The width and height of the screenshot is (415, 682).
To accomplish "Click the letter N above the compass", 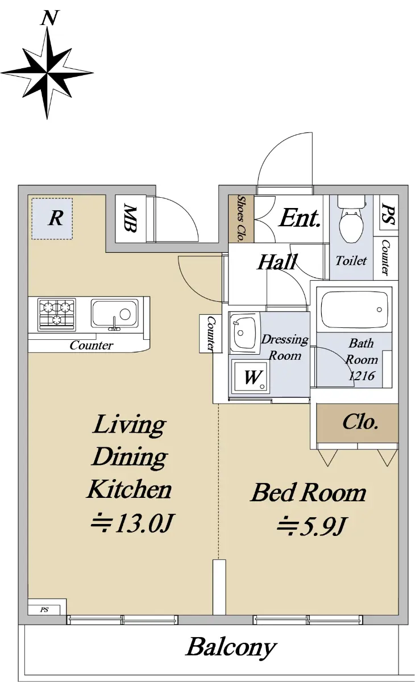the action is point(49,18).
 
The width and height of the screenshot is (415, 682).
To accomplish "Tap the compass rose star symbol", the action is point(47,73).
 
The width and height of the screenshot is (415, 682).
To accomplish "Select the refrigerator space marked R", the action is point(52,219).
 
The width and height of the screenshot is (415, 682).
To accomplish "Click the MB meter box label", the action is point(130,218).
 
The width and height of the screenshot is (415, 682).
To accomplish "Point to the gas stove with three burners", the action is point(57,314).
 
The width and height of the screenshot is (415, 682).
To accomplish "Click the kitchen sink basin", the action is point(114,314).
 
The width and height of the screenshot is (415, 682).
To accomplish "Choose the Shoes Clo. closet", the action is point(241,219).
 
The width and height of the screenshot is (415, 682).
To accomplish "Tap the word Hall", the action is point(276,262).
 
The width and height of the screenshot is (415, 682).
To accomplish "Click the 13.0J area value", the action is point(144,523).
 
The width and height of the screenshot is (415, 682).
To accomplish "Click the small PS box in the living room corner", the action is point(44,609).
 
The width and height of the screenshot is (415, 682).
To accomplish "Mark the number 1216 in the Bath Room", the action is point(362,376).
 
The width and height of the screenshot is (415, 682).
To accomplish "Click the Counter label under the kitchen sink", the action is point(92,345).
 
